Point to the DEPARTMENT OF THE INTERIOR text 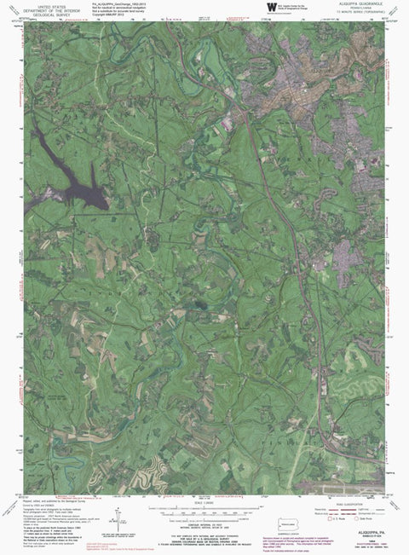click(48, 11)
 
